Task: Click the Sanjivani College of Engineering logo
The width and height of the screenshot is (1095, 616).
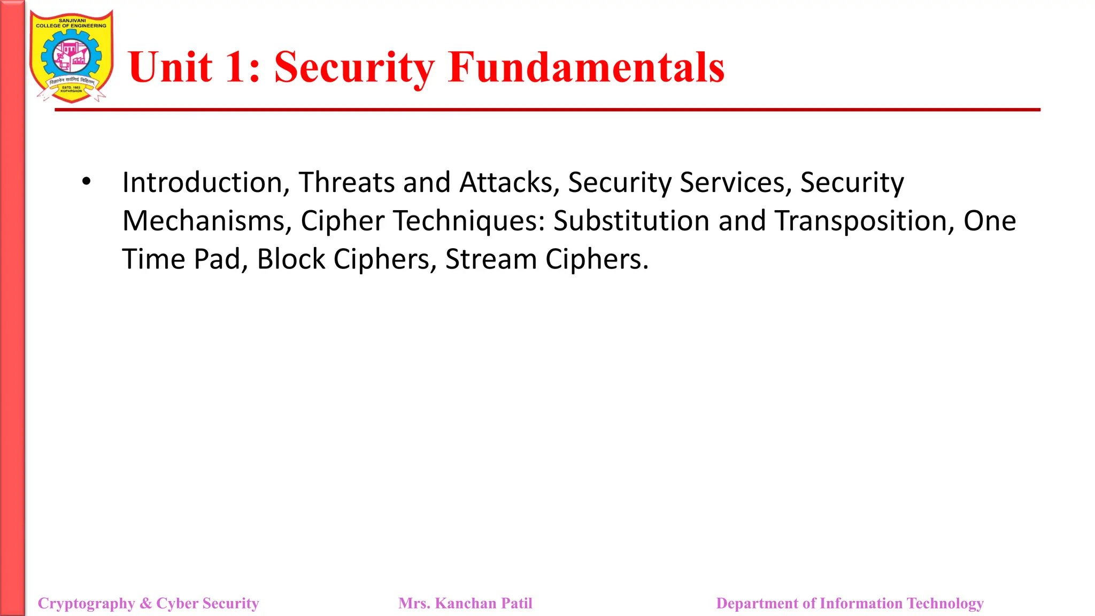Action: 71,57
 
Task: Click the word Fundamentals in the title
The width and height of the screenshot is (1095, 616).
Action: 586,67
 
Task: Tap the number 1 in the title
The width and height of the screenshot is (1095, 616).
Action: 235,67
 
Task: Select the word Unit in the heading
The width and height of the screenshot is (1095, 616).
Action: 170,67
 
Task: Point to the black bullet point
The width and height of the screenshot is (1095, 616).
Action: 87,182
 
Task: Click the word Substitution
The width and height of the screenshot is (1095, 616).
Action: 631,221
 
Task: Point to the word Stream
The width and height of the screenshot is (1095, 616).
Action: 490,259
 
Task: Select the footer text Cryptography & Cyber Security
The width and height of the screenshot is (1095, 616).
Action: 148,603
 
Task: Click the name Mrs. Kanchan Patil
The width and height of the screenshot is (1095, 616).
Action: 465,603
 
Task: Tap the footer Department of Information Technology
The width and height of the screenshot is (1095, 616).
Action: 850,603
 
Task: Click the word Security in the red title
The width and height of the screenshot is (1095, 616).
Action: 354,67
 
